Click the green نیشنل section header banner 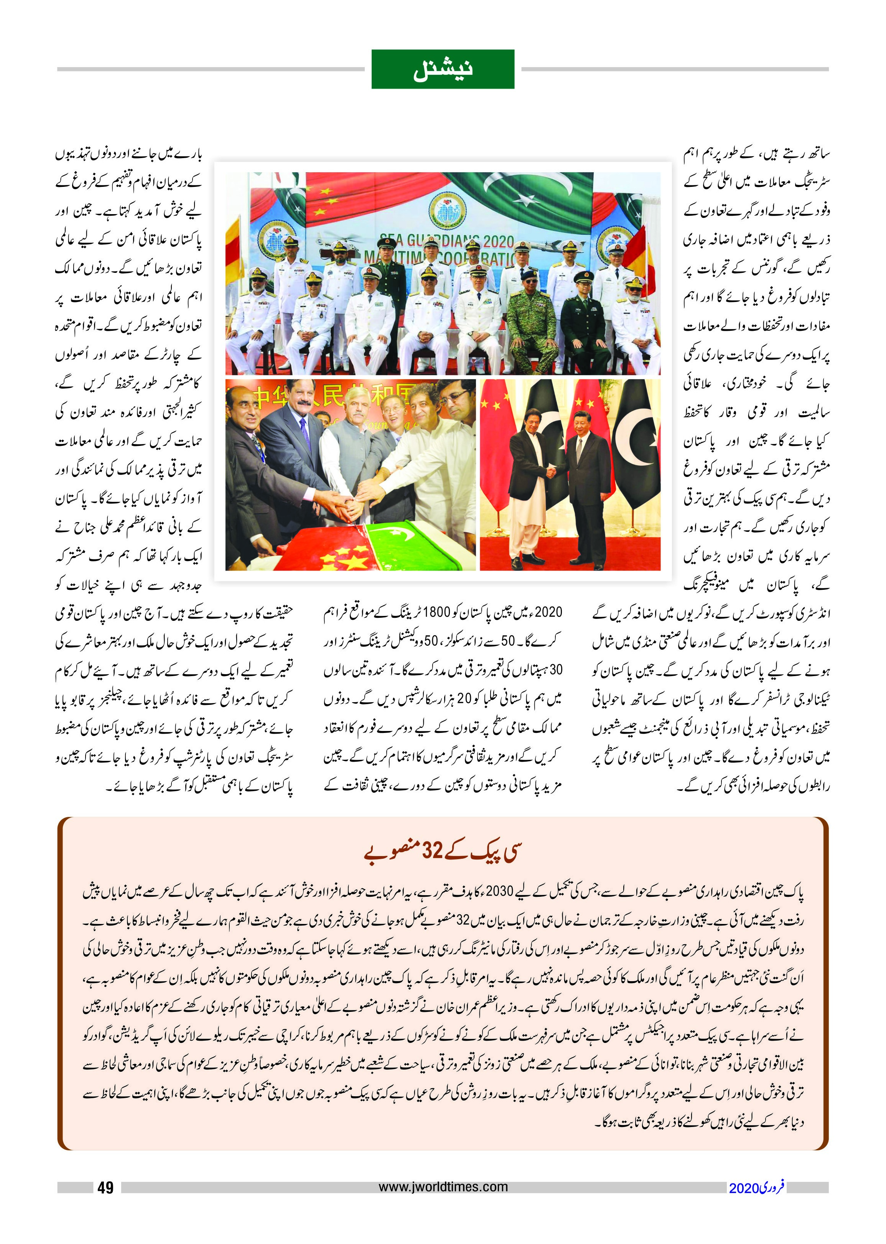(x=443, y=69)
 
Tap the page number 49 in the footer (x=105, y=1187)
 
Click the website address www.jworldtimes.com (x=443, y=1187)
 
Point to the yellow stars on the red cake (x=341, y=557)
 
